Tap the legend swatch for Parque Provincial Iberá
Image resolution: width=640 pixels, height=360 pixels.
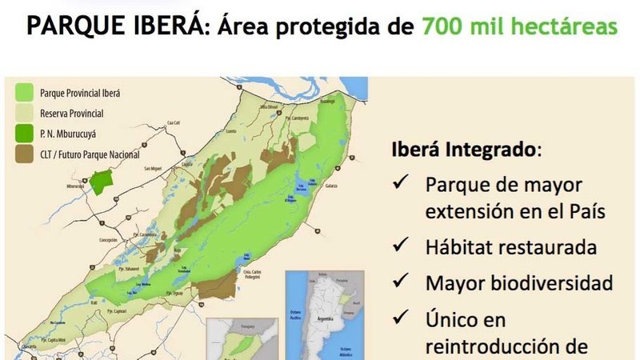25,93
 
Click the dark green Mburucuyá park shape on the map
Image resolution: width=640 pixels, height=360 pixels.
101,181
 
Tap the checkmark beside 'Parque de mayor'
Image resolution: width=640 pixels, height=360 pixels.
402,184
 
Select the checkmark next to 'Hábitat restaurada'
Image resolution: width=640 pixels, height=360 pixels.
402,246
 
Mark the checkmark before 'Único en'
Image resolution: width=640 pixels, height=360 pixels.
402,319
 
